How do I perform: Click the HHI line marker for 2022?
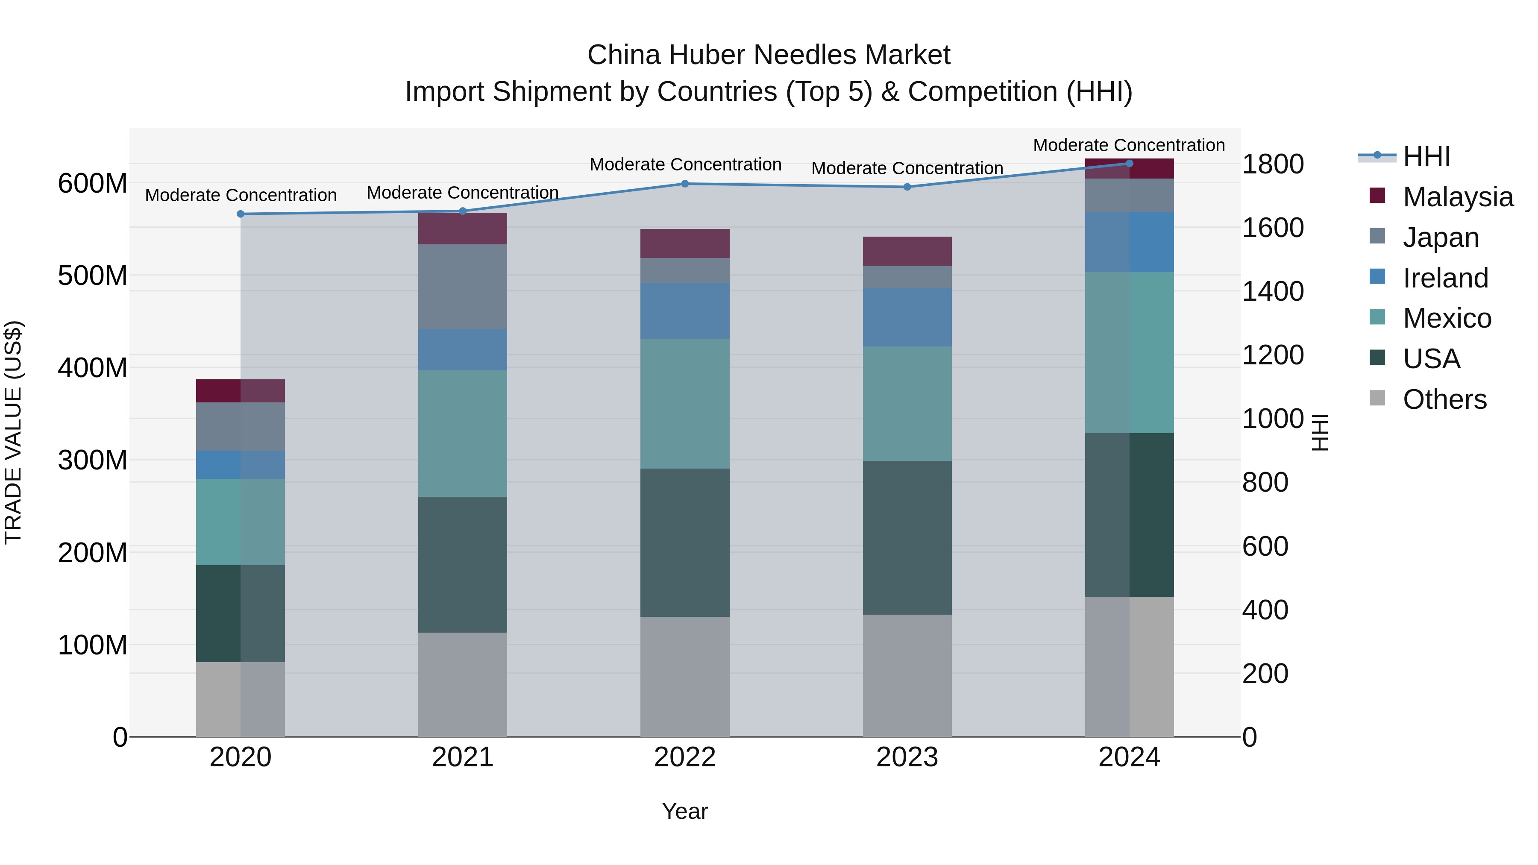coord(685,184)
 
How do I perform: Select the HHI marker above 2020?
coord(241,214)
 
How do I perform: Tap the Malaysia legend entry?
coord(1457,197)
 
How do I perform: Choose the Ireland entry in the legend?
coord(1445,278)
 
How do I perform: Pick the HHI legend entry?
coord(1426,156)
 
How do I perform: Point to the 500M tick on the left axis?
coord(93,276)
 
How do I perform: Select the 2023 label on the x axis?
coord(907,757)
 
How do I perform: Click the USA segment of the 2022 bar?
coord(685,542)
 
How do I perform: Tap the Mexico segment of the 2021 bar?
coord(463,434)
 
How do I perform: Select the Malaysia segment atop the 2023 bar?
coord(907,251)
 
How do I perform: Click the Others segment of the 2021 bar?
coord(463,684)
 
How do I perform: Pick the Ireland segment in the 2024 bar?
coord(1129,242)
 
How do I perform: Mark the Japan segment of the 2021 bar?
coord(463,287)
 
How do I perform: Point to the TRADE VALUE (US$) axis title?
coord(13,432)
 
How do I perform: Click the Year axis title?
coord(685,811)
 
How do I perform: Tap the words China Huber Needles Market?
coord(769,55)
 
